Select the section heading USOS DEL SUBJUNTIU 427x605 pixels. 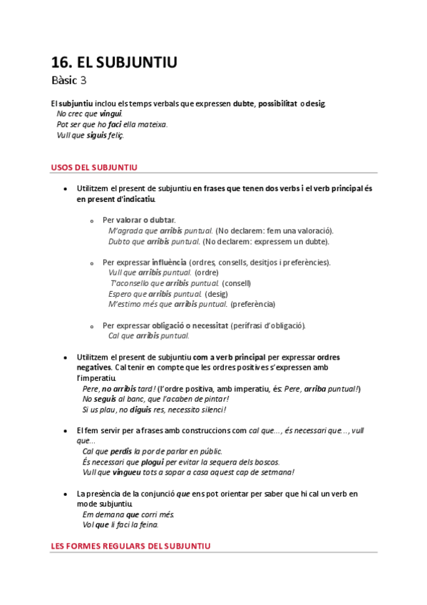pos(94,168)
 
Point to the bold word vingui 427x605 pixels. pos(110,113)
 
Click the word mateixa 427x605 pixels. pos(153,124)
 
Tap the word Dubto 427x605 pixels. pos(118,241)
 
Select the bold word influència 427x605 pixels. pos(169,263)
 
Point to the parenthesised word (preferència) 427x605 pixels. pos(253,305)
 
